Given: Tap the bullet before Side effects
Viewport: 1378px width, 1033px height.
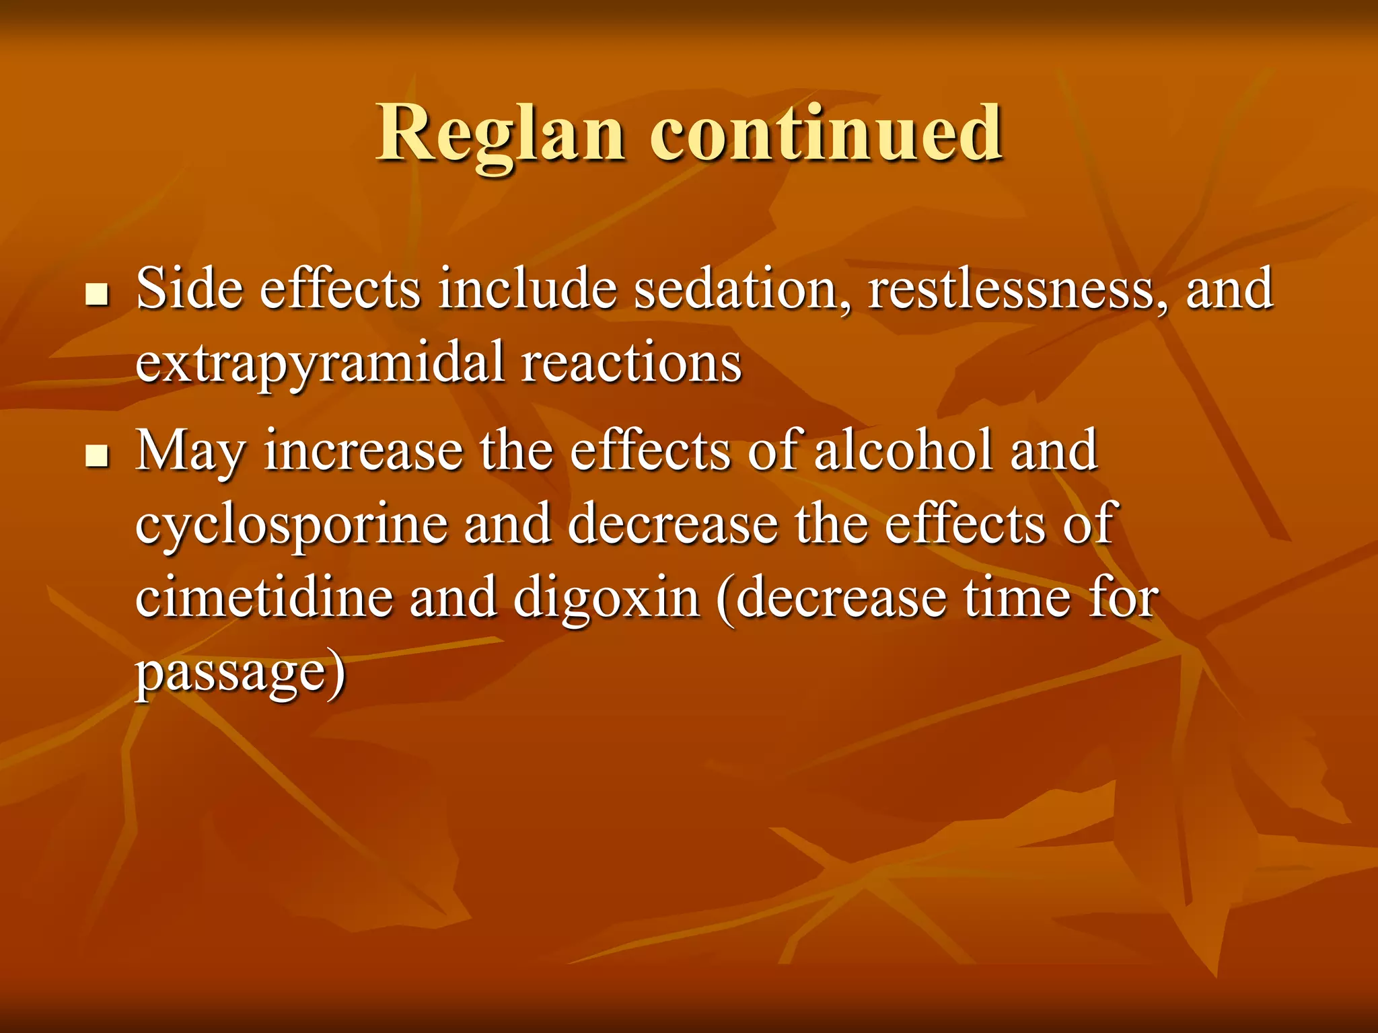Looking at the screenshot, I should [x=98, y=294].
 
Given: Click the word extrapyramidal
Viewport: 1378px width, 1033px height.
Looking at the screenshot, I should [x=320, y=363].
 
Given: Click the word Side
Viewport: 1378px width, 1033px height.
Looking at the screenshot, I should [x=189, y=289].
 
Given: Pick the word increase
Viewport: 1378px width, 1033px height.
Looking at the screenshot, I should [x=363, y=451].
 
